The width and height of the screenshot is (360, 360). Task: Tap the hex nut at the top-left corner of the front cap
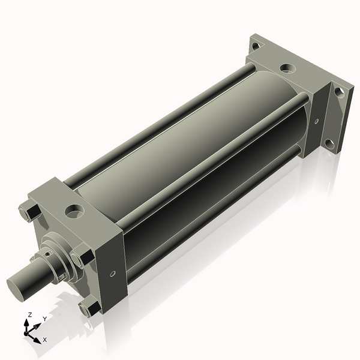29,211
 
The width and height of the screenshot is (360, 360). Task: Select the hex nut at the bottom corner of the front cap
90,309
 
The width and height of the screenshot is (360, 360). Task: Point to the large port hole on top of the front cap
75,211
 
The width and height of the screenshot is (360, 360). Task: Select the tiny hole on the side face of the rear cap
317,121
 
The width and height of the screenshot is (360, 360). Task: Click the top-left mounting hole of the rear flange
256,45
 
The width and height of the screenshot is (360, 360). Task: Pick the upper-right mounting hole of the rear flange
339,92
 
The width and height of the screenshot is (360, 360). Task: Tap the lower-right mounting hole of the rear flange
328,145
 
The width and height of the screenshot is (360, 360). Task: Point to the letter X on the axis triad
44,340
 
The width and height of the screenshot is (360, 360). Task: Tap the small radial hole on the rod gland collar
62,275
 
